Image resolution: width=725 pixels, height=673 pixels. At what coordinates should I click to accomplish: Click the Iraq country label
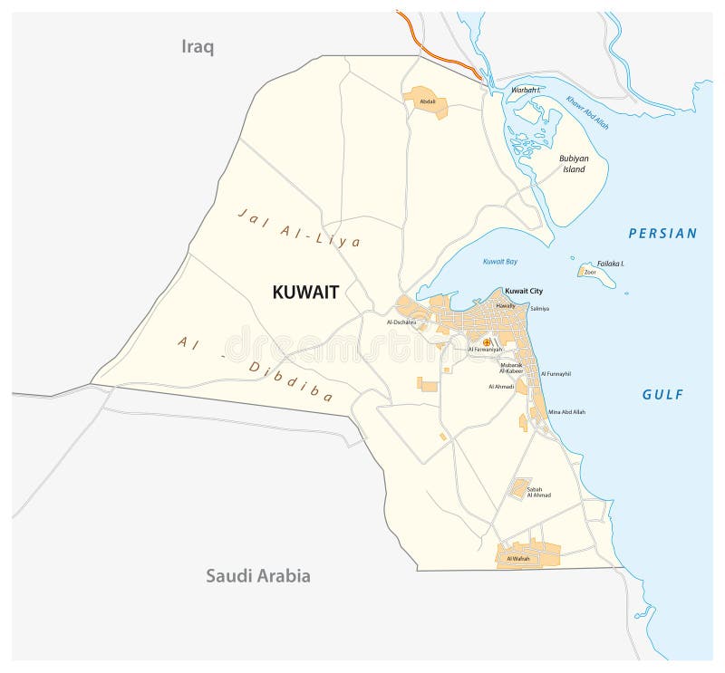pyautogui.click(x=198, y=47)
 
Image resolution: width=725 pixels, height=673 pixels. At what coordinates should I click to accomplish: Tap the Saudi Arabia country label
pyautogui.click(x=257, y=575)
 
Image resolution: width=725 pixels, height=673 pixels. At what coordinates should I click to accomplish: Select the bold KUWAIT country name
pyautogui.click(x=305, y=292)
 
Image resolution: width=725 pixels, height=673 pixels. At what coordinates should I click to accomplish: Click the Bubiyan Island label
pyautogui.click(x=574, y=164)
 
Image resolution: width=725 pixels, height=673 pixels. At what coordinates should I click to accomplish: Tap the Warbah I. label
pyautogui.click(x=526, y=91)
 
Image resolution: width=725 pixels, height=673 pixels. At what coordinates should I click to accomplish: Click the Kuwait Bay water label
pyautogui.click(x=499, y=262)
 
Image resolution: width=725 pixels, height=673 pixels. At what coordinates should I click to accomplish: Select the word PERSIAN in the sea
pyautogui.click(x=663, y=234)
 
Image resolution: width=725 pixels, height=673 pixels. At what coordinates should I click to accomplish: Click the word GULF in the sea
pyautogui.click(x=663, y=394)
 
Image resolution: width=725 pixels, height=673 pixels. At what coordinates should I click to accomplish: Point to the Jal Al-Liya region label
pyautogui.click(x=299, y=228)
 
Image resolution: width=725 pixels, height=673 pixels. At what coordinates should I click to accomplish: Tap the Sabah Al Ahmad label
pyautogui.click(x=539, y=492)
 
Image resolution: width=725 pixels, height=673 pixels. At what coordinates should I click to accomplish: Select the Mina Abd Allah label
pyautogui.click(x=567, y=412)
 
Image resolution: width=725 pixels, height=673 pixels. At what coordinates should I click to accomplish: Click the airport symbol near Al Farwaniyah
pyautogui.click(x=487, y=342)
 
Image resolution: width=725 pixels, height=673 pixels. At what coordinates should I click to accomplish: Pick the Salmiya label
pyautogui.click(x=540, y=309)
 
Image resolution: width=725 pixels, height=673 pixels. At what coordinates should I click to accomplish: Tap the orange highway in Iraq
pyautogui.click(x=435, y=50)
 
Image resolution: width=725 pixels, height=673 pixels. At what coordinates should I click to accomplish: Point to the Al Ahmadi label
pyautogui.click(x=501, y=387)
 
